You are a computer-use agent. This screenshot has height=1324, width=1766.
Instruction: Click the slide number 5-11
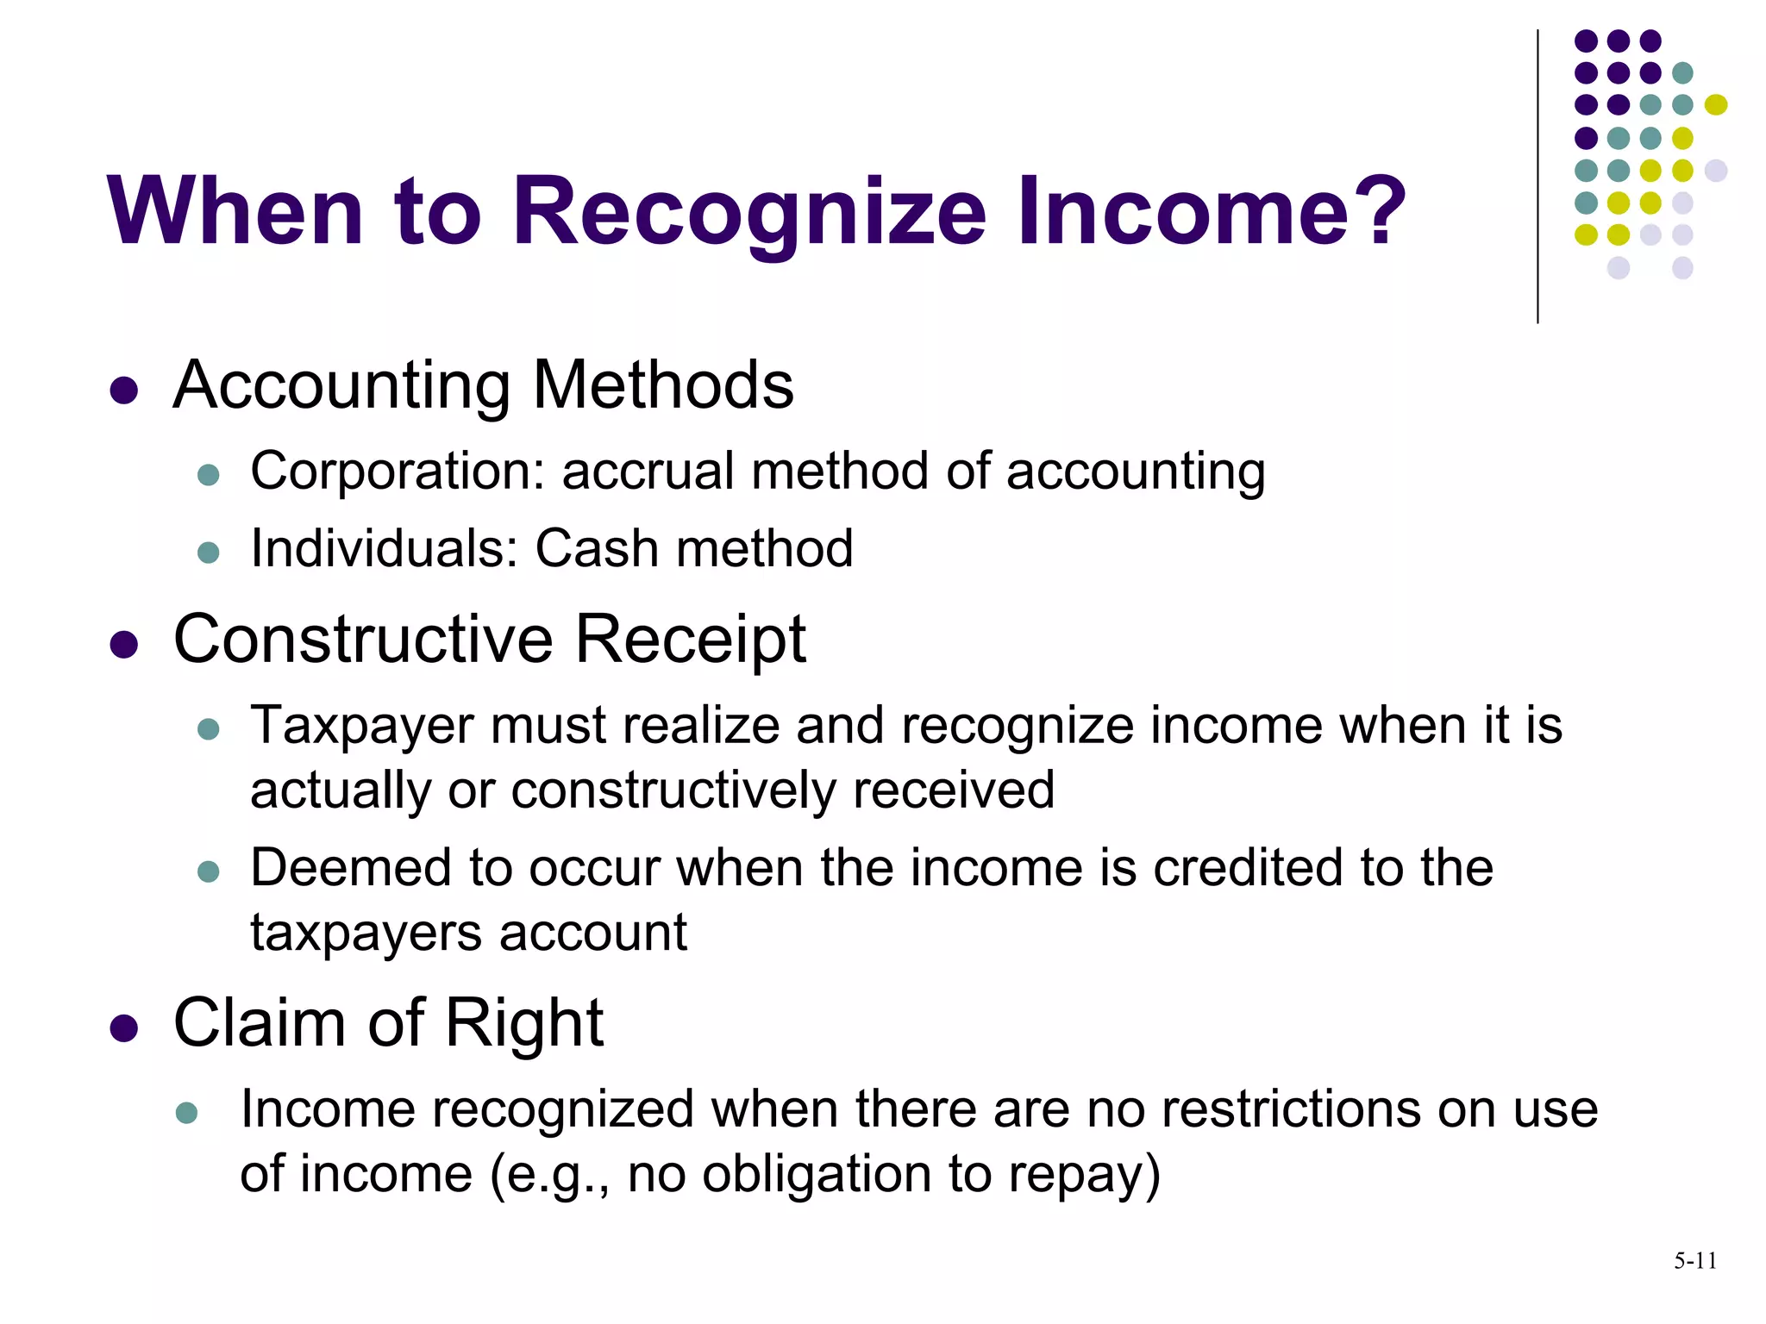1694,1261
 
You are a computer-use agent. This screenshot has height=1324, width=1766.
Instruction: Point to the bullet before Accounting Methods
124,390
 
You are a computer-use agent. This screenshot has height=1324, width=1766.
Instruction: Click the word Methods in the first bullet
663,384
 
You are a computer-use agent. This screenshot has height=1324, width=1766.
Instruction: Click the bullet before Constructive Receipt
124,645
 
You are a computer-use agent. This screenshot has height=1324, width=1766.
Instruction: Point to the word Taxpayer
362,727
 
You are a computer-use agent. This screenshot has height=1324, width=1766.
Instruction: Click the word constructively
673,790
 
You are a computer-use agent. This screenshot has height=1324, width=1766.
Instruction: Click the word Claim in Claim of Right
260,1023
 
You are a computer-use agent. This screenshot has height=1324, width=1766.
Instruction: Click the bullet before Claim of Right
124,1028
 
